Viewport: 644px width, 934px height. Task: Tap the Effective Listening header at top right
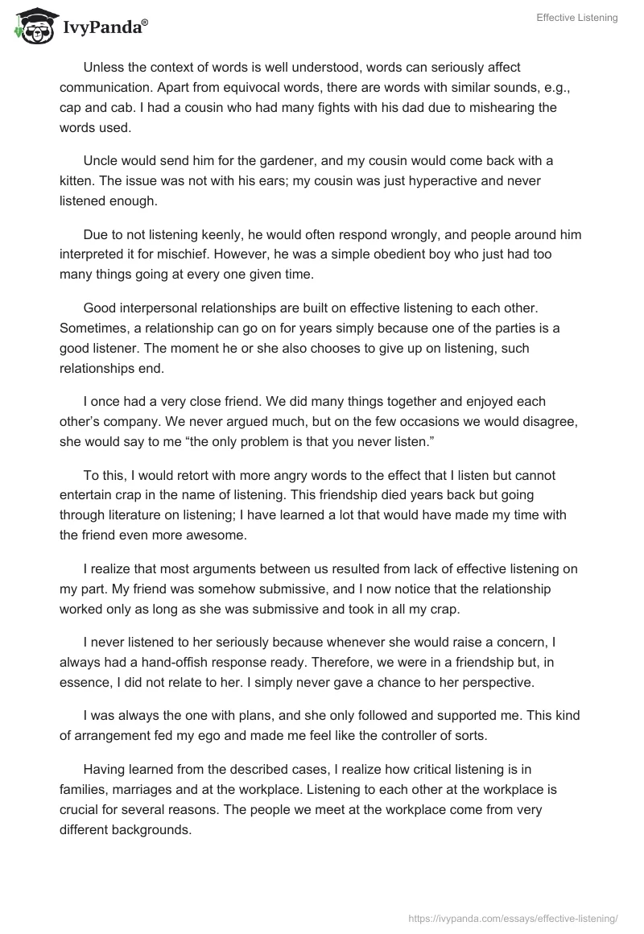click(x=578, y=18)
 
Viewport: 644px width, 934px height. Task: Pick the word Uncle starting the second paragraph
click(x=101, y=160)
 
